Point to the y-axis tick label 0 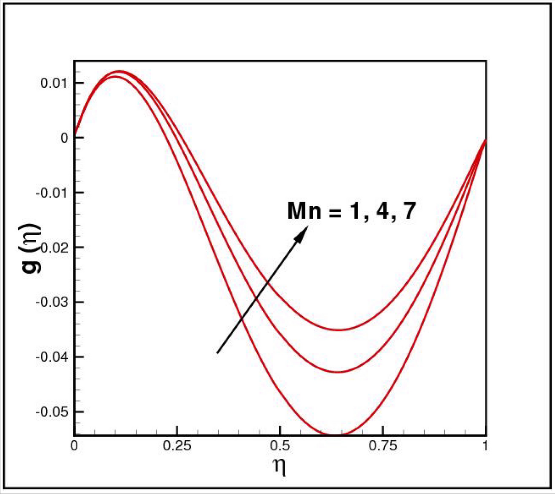(64, 138)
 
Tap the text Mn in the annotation (304, 211)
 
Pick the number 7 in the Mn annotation (408, 211)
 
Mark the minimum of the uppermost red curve (339, 330)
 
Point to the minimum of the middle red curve (339, 372)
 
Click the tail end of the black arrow (217, 353)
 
